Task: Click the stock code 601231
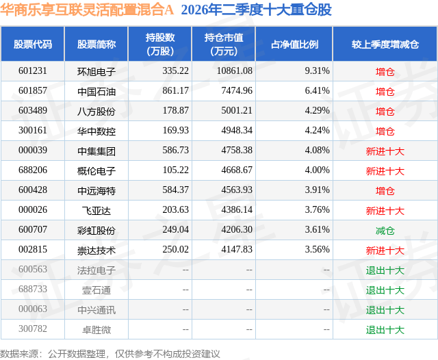33,70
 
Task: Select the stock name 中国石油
96,92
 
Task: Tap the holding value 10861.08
235,70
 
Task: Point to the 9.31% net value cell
317,70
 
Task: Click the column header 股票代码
33,44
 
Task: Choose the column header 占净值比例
294,44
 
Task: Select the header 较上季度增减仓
385,44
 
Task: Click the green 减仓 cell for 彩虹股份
385,231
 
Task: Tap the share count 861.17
176,90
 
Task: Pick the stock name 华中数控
96,131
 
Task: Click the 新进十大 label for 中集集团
385,151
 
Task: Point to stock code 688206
33,170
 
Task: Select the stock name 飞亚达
96,211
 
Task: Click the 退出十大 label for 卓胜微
385,330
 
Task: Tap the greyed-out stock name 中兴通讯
96,310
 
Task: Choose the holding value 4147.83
237,249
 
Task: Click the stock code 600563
33,269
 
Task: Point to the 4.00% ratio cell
317,170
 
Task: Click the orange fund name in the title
87,10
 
